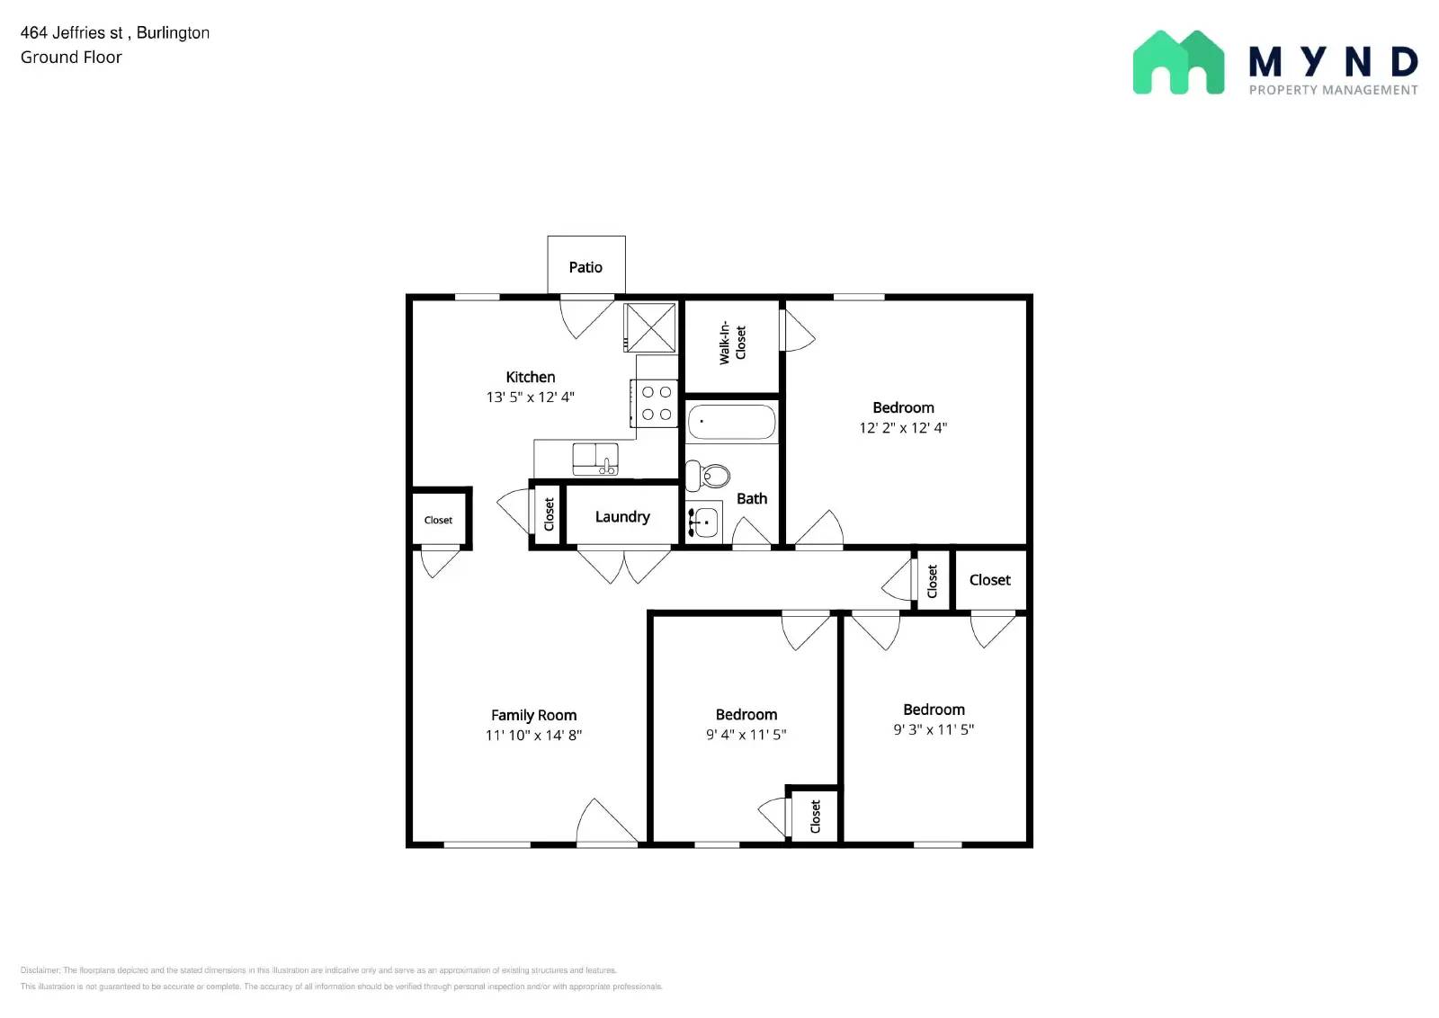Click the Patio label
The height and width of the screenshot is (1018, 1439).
(585, 267)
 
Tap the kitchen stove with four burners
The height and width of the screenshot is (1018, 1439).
(656, 403)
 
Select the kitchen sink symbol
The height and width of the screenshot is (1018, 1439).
(594, 459)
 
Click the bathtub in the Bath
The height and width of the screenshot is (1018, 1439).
(731, 422)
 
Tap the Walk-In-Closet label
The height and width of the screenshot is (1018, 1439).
(732, 344)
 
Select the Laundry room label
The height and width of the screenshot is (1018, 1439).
(621, 517)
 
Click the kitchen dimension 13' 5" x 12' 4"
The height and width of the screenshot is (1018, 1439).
(530, 397)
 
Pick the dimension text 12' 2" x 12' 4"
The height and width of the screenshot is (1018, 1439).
(903, 428)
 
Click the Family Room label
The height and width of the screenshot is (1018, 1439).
(533, 715)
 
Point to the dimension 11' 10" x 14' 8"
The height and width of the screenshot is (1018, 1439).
(533, 736)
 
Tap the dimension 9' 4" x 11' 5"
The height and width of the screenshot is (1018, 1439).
(746, 735)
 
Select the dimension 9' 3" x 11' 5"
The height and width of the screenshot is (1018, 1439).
(934, 729)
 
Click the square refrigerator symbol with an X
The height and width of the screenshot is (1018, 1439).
(650, 327)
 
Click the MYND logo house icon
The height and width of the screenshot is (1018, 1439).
(1178, 63)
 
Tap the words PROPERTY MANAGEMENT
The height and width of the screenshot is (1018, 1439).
(1333, 90)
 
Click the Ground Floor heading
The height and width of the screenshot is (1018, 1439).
(71, 58)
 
